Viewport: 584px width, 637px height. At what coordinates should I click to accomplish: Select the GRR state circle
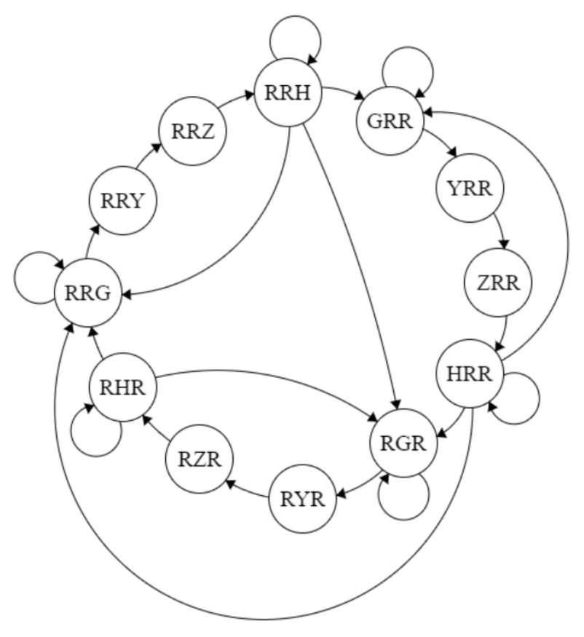click(x=390, y=120)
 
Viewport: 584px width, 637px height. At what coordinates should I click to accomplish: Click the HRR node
click(x=470, y=374)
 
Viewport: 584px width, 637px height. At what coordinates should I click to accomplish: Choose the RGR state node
click(x=404, y=443)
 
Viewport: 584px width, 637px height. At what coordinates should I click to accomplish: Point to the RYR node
click(x=302, y=500)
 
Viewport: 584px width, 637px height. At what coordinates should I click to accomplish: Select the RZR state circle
click(x=199, y=460)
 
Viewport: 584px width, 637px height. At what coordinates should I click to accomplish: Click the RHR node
click(x=122, y=387)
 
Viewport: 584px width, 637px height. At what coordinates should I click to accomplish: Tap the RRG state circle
click(x=88, y=293)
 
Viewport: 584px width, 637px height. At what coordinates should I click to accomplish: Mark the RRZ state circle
click(x=193, y=132)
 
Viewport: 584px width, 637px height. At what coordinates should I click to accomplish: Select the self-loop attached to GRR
click(x=409, y=70)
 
